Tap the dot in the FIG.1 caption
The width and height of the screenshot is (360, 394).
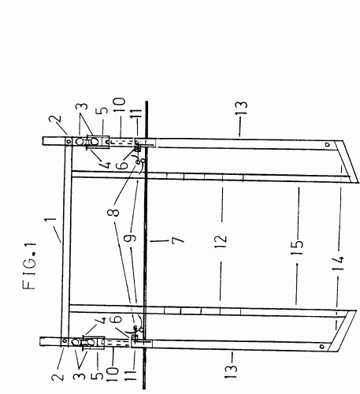[x=33, y=255]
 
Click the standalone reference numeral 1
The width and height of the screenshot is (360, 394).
[x=50, y=220]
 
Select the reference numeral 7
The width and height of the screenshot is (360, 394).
[x=178, y=240]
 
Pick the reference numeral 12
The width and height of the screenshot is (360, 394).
[x=221, y=239]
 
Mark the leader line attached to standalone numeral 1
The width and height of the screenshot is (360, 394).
[x=58, y=235]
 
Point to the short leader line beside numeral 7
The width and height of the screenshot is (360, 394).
[x=158, y=240]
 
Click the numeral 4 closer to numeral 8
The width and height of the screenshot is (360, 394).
[x=105, y=165]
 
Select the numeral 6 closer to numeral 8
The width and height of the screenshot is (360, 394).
[x=122, y=165]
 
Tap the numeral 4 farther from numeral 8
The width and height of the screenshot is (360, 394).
[x=101, y=321]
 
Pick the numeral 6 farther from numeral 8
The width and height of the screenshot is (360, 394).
[x=116, y=318]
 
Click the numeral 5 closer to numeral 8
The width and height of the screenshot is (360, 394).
[x=103, y=110]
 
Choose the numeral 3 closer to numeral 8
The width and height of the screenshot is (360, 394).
[x=82, y=106]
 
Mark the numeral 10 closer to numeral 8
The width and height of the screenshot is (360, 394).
[x=120, y=105]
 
